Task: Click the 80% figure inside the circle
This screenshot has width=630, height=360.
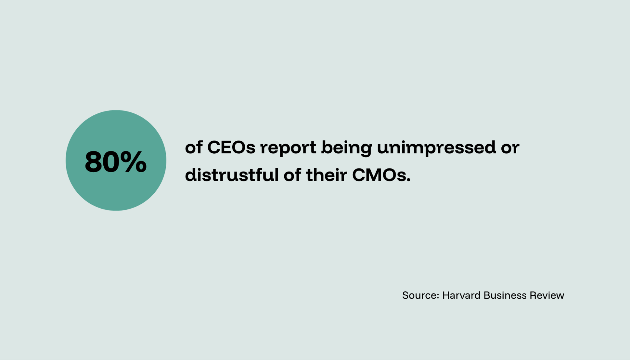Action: (x=116, y=162)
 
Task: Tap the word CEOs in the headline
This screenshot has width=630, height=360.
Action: (x=231, y=147)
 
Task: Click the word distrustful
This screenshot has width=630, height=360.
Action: (x=232, y=175)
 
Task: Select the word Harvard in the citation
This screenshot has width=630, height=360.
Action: (x=461, y=295)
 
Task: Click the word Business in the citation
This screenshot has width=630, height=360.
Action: (x=505, y=295)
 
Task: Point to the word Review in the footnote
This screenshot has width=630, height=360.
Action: (x=547, y=295)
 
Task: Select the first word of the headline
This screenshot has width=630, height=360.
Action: (x=194, y=147)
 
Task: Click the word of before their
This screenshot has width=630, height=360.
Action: (x=292, y=175)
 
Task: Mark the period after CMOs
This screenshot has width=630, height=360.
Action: (x=408, y=181)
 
